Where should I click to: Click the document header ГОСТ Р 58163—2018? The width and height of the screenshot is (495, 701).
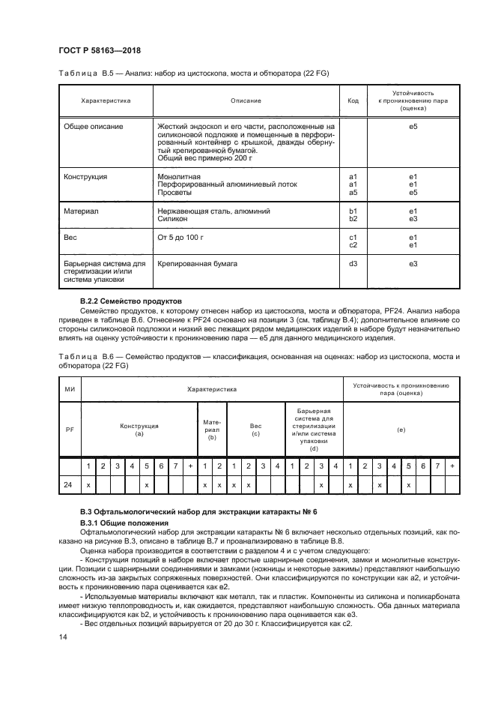(100, 51)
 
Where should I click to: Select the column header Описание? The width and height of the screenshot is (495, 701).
(246, 100)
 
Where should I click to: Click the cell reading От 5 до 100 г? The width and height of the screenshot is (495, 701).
(180, 237)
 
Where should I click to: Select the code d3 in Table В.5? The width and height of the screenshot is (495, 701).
(353, 265)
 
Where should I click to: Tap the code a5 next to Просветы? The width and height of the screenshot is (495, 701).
(353, 192)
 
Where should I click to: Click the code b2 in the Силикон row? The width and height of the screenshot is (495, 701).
(353, 219)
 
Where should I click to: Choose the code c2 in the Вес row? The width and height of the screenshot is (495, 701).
(353, 244)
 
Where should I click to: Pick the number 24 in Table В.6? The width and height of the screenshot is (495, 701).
(69, 486)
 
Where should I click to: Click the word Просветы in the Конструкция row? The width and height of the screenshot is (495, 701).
(175, 192)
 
